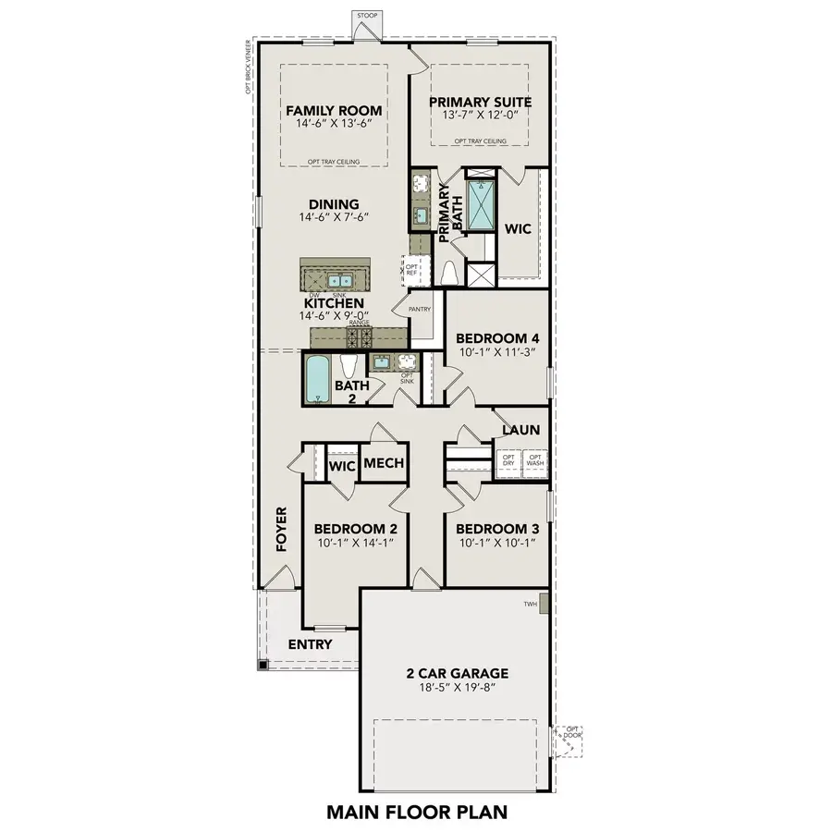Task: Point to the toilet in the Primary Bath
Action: pos(450,274)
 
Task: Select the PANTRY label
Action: pos(421,309)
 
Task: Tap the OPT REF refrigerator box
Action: pos(412,269)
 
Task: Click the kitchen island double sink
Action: pos(340,279)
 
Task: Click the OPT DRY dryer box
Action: pos(508,459)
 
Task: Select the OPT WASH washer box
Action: pos(534,459)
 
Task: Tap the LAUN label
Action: pos(520,431)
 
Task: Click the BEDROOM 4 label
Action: pos(497,337)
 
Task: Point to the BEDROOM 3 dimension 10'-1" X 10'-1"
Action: pos(497,543)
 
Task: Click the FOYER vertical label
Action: pos(282,530)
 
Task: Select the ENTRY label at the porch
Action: pos(310,644)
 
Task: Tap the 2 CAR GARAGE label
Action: pos(458,674)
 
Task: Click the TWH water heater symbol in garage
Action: pos(544,604)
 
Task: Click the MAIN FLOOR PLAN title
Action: pos(417,813)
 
